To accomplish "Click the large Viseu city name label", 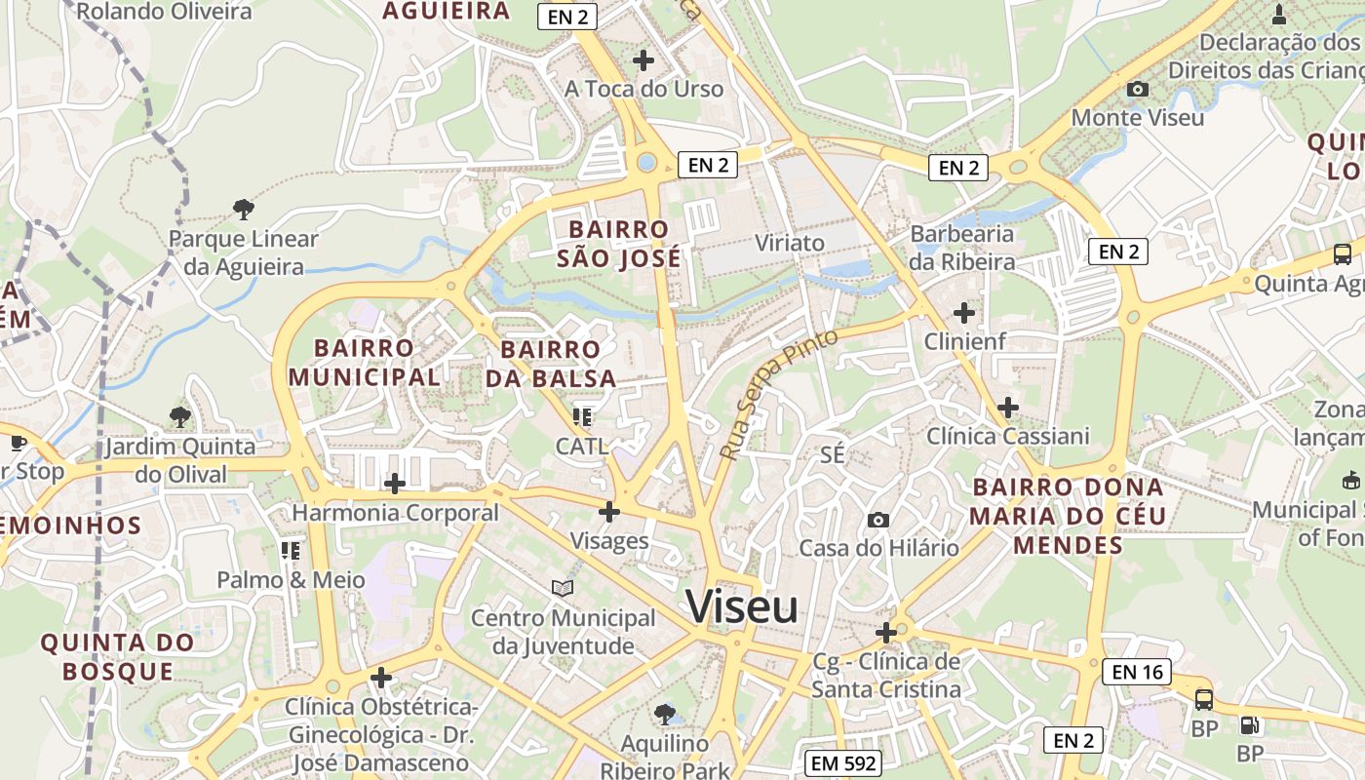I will [742, 606].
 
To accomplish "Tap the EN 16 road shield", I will [1138, 672].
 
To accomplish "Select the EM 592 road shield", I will [844, 763].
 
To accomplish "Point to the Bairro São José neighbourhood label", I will [619, 244].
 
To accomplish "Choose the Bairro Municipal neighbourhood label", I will [364, 362].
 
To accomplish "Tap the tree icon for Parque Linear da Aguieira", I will [244, 208].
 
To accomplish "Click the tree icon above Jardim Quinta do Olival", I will [179, 416].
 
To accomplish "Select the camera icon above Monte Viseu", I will [1137, 90].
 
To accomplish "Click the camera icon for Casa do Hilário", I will [878, 520].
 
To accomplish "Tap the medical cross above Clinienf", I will [964, 313].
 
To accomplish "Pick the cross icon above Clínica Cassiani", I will [1008, 407].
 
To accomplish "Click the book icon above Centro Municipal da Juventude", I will [563, 588].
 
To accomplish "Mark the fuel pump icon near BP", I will [1249, 724].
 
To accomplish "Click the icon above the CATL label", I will [583, 417].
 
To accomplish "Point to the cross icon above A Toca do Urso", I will [643, 60].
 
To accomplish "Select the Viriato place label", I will [790, 243].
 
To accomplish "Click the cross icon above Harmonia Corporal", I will [395, 483].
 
